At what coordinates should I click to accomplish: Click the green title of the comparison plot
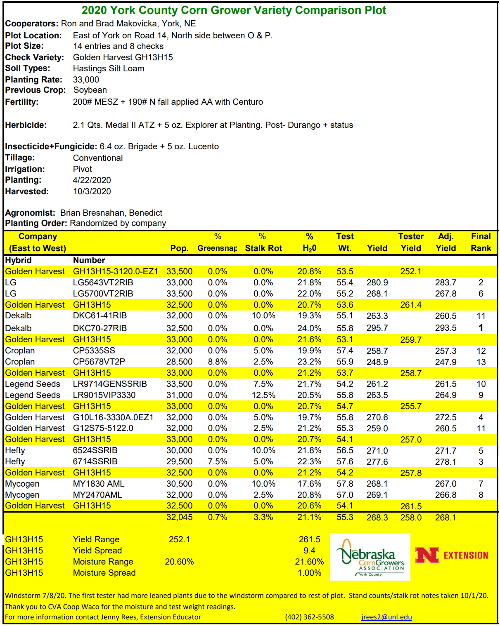pos(234,10)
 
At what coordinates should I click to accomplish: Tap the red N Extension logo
pos(452,555)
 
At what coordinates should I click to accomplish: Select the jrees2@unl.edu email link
pos(386,617)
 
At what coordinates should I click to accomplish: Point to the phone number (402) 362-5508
pos(309,617)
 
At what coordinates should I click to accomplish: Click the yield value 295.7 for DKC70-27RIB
pos(377,328)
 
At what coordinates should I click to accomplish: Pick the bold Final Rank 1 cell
pos(481,328)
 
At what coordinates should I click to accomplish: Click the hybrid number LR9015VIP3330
pos(104,395)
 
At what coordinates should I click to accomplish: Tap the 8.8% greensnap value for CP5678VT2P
pos(218,362)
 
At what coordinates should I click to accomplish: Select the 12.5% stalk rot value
pos(263,395)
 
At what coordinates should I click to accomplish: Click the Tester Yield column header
pos(411,242)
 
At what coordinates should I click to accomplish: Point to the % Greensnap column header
pos(218,242)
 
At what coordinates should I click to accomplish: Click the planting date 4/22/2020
pos(92,180)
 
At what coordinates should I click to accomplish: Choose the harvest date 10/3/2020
pos(92,191)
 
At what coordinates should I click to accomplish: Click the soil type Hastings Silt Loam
pos(109,68)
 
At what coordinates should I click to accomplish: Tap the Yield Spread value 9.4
pos(309,551)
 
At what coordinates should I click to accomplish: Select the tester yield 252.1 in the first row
pos(411,271)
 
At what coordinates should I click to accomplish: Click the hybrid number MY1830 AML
pos(99,484)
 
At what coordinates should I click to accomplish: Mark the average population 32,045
pos(179,517)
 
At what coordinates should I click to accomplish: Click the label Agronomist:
pos(30,213)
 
